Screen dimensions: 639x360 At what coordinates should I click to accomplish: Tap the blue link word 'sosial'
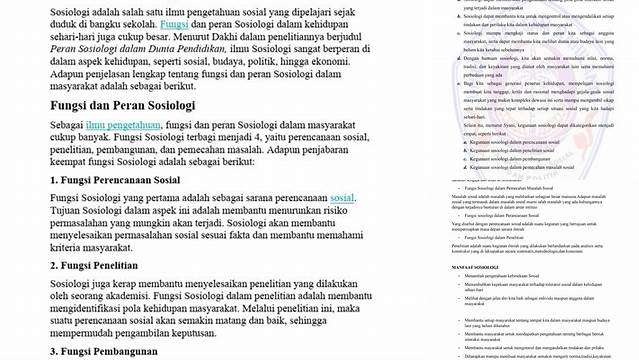(343, 199)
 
